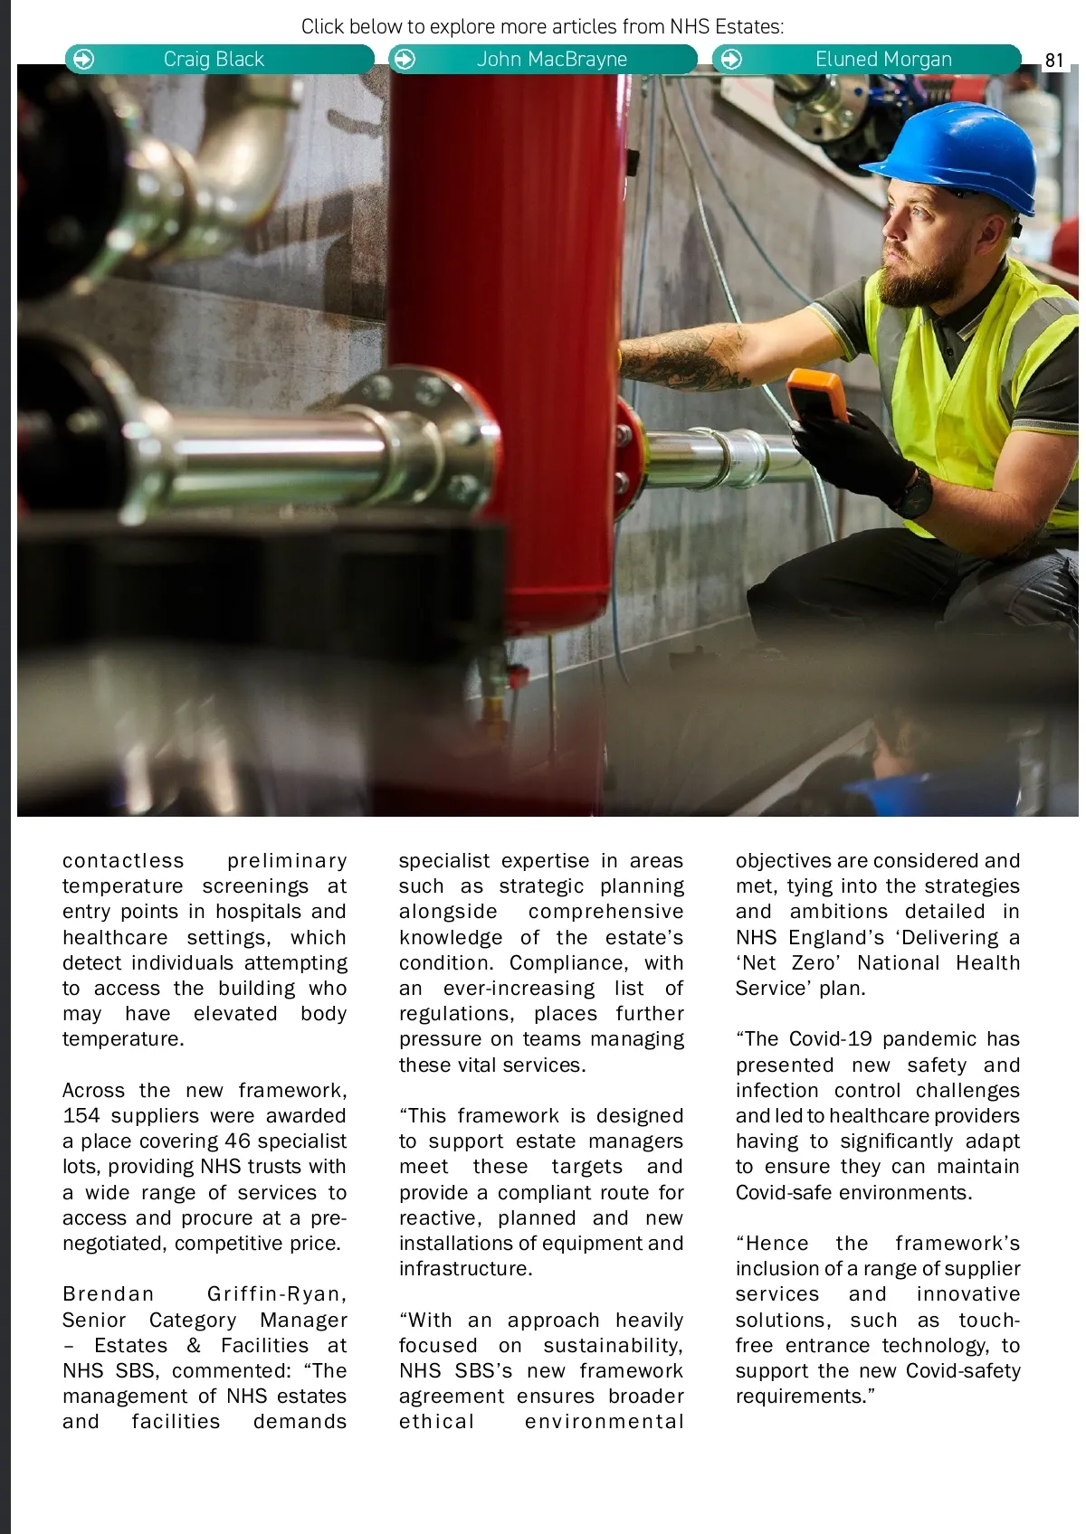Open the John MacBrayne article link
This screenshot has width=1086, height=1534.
click(543, 60)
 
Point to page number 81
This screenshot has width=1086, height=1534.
click(1054, 61)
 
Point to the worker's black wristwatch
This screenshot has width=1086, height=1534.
click(915, 494)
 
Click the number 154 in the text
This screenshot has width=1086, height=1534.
click(81, 1116)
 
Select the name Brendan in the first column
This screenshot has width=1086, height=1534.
click(109, 1294)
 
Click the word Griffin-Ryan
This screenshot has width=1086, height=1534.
click(276, 1294)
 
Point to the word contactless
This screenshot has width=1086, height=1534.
click(123, 861)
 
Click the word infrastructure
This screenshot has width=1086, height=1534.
click(465, 1269)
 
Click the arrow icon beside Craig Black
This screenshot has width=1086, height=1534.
click(83, 60)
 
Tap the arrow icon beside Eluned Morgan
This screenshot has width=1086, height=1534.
click(731, 60)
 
